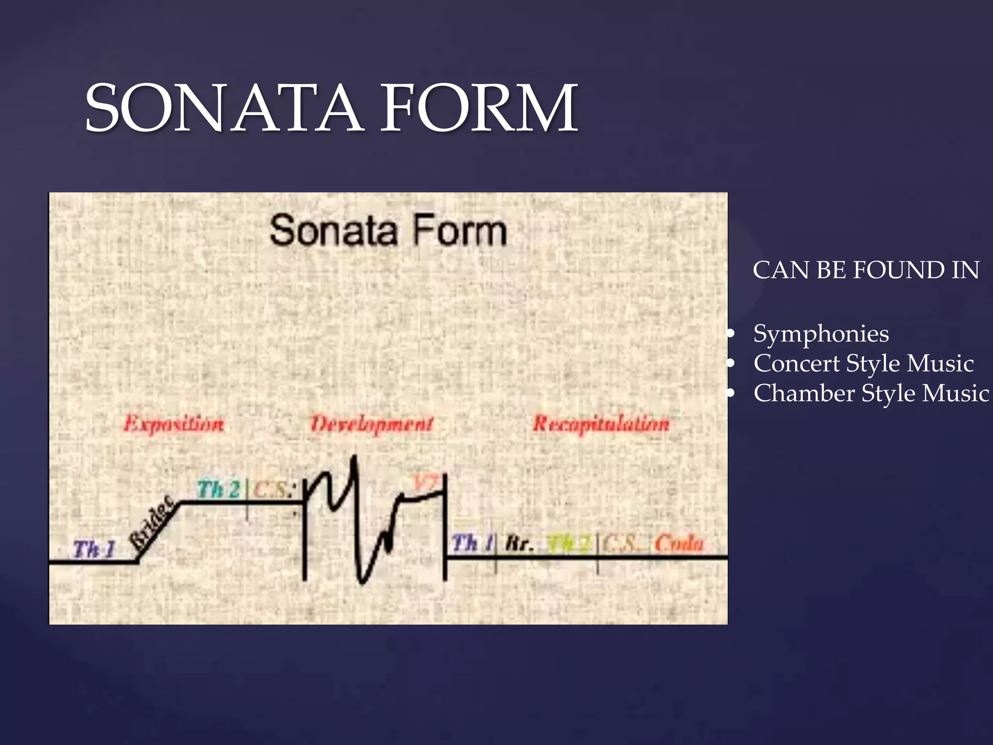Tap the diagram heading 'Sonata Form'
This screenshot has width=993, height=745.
pyautogui.click(x=388, y=230)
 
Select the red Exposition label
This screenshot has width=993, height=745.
pyautogui.click(x=174, y=424)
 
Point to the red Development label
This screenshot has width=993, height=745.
pyautogui.click(x=371, y=424)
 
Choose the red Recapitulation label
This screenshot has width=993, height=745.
pyautogui.click(x=601, y=424)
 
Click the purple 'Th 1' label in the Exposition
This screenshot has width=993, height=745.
pyautogui.click(x=94, y=550)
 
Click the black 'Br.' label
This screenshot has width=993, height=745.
pyautogui.click(x=519, y=544)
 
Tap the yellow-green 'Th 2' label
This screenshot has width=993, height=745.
pyautogui.click(x=568, y=544)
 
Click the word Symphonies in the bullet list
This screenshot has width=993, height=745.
pyautogui.click(x=821, y=334)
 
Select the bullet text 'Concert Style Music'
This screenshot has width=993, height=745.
pyautogui.click(x=864, y=363)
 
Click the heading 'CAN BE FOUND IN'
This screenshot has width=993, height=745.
pyautogui.click(x=866, y=270)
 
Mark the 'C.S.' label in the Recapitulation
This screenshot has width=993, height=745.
pyautogui.click(x=621, y=544)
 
